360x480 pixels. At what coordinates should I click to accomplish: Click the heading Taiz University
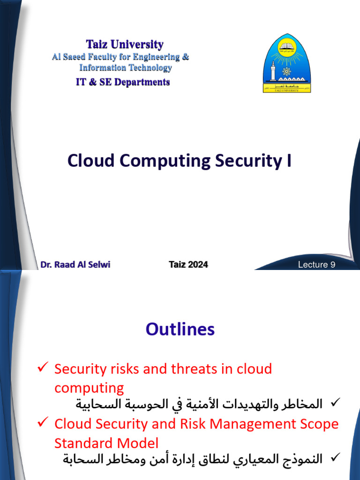125,45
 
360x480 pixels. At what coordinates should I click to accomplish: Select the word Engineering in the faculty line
153,57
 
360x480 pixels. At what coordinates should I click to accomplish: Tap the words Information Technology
125,68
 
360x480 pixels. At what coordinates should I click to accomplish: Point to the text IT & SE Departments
123,82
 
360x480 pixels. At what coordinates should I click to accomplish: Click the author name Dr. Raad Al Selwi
75,264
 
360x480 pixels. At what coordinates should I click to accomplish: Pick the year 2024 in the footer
198,264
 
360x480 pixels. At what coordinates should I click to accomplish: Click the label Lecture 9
317,265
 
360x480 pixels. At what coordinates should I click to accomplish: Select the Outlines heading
180,330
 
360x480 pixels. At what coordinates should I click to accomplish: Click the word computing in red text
89,388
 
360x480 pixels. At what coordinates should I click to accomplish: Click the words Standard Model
106,443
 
